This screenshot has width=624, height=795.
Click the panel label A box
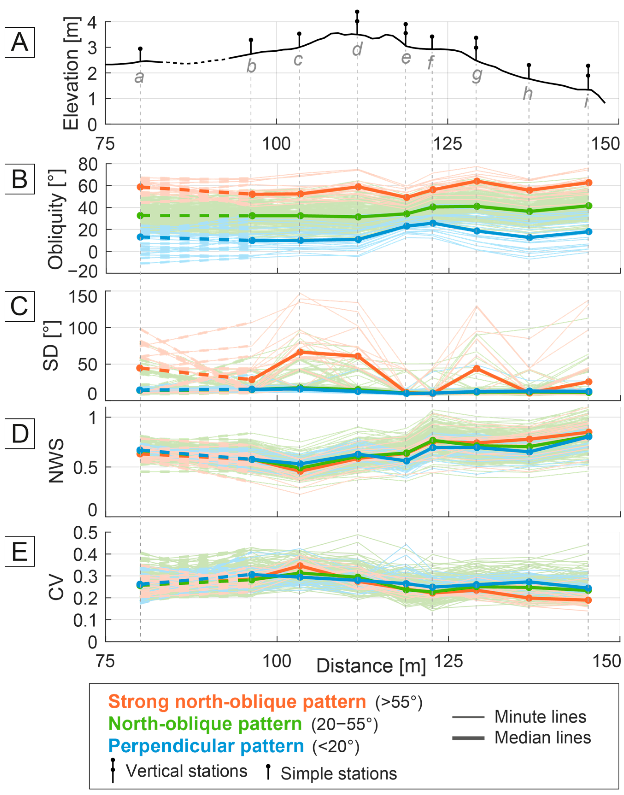(20, 42)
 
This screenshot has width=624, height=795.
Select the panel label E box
(20, 551)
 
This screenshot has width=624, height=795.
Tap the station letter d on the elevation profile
(357, 49)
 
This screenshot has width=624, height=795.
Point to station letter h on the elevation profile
(528, 94)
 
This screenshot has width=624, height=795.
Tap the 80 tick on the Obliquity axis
(88, 164)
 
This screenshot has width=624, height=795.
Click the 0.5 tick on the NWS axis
(85, 467)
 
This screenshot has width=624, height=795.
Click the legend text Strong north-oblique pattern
(237, 701)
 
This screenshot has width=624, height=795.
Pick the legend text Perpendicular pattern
(206, 746)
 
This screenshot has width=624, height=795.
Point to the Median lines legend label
(542, 738)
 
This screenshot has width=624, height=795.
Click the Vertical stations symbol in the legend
(113, 771)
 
